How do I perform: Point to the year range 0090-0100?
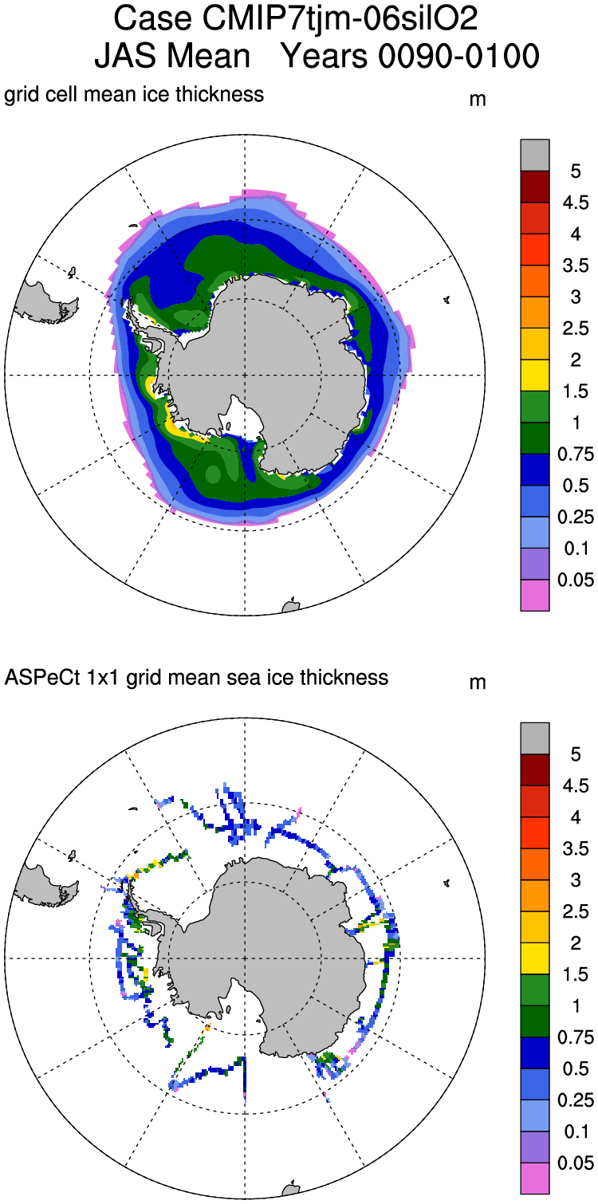point(411,56)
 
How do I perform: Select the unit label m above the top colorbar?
point(478,100)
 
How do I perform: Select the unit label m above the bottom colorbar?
point(478,683)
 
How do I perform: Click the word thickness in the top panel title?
point(226,95)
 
